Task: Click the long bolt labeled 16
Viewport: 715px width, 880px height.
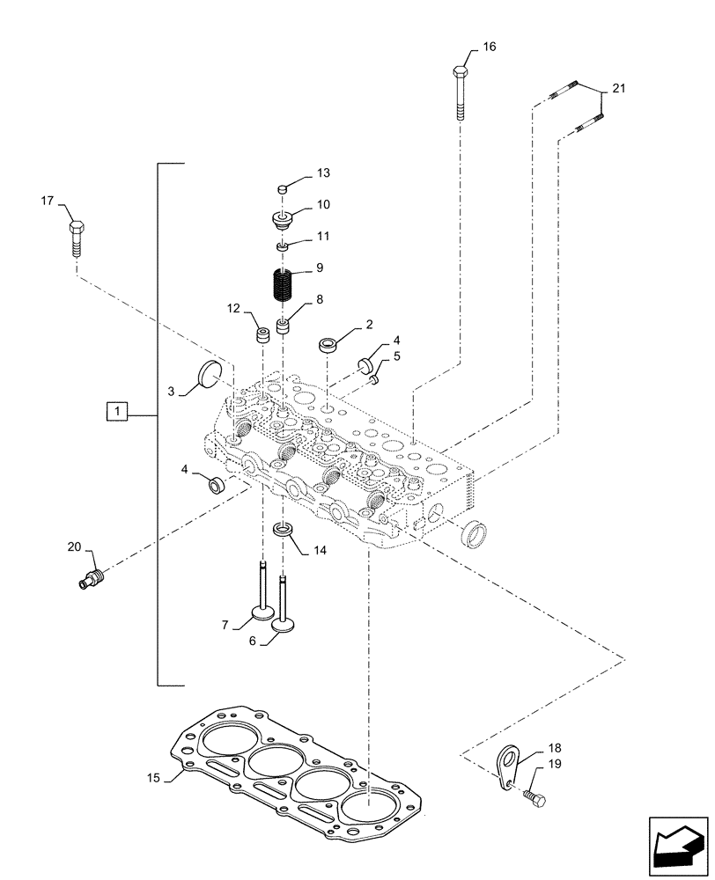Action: point(461,92)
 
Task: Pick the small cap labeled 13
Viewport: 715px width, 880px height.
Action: point(283,188)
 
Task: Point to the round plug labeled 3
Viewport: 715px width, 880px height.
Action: point(209,375)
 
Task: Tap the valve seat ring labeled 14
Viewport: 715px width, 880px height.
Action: point(283,531)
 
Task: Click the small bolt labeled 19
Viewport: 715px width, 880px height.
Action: point(535,798)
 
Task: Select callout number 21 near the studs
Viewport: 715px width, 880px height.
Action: point(618,88)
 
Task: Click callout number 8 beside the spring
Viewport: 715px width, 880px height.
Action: point(319,300)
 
